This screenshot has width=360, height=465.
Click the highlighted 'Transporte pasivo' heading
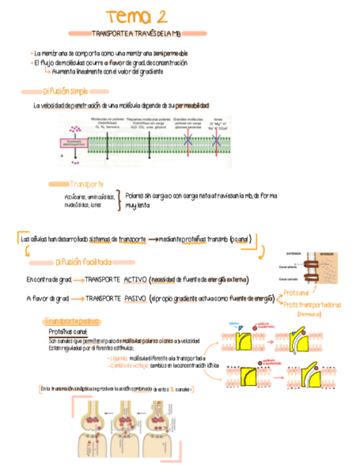click(71, 321)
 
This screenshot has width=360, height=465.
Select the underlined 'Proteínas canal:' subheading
click(67, 332)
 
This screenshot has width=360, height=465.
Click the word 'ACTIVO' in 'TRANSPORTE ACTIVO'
click(135, 280)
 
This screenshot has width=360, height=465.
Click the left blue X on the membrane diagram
click(188, 140)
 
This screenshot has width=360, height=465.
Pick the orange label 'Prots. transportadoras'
click(312, 304)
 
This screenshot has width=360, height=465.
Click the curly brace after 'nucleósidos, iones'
click(119, 201)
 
